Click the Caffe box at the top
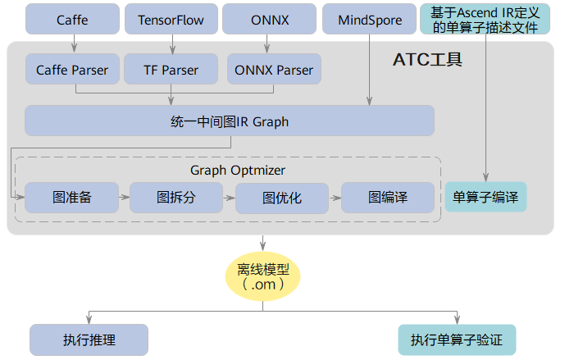pos(72,18)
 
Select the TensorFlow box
pos(171,18)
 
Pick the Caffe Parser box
pos(72,70)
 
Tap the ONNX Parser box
pos(273,70)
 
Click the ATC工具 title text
pos(427,59)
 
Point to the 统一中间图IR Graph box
pos(229,121)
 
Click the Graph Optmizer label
pos(238,170)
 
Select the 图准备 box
pos(71,198)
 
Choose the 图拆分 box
pos(176,198)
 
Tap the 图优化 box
pos(282,198)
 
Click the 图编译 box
pos(388,198)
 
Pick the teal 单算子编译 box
pos(485,198)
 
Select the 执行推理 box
pos(89,339)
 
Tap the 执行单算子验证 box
pos(457,339)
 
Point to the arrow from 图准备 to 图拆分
pos(124,198)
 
